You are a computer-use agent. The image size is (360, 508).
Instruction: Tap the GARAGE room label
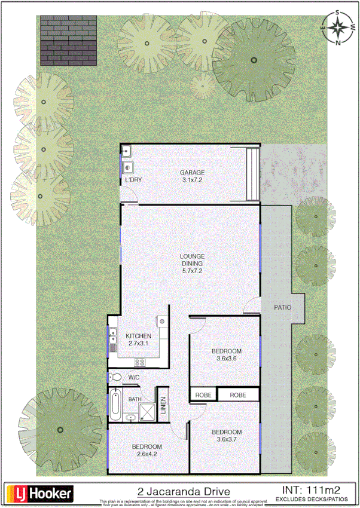193,172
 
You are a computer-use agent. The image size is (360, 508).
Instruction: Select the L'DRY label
133,180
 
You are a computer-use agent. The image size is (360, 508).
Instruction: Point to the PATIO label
282,308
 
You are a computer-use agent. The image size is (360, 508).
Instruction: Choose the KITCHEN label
138,336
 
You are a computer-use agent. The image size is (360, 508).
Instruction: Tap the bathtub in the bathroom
115,405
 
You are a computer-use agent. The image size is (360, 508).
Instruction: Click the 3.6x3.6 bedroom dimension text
227,359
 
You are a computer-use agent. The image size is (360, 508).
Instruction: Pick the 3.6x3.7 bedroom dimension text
227,439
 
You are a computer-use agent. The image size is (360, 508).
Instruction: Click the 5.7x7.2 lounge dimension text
192,270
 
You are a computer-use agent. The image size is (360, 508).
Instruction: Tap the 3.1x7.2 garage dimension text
193,179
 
